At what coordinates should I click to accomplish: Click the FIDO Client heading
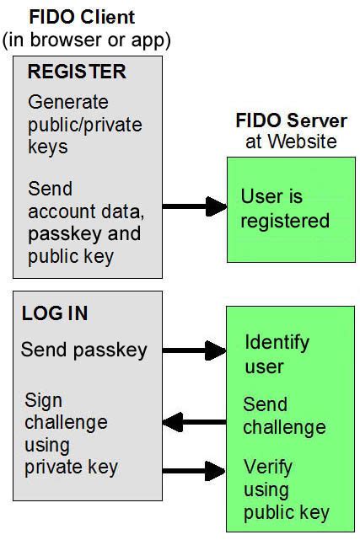pos(81,16)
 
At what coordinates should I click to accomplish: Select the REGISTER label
pos(77,72)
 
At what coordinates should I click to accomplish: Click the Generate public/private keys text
pos(84,125)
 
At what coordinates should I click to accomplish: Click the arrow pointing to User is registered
pos(194,206)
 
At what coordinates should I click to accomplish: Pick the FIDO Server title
pos(291,120)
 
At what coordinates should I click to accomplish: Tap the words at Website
pos(291,142)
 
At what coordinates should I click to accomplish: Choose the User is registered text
pos(285,209)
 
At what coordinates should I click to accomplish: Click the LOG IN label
pos(55,314)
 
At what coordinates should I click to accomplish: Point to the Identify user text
pos(277,355)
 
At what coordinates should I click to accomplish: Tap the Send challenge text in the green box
pos(284,415)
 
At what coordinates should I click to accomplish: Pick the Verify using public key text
pos(286,489)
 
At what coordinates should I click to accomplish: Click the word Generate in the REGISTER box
pos(68,103)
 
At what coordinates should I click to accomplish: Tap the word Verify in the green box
pos(267,467)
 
